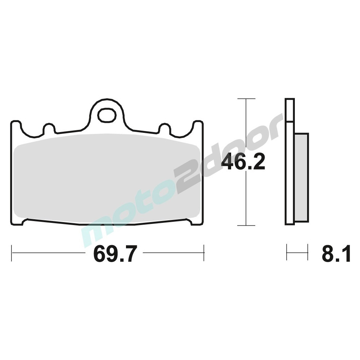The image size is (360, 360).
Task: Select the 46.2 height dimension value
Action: (x=243, y=162)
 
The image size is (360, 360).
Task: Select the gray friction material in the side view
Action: (x=301, y=177)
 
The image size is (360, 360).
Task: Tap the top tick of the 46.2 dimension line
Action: (x=246, y=99)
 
